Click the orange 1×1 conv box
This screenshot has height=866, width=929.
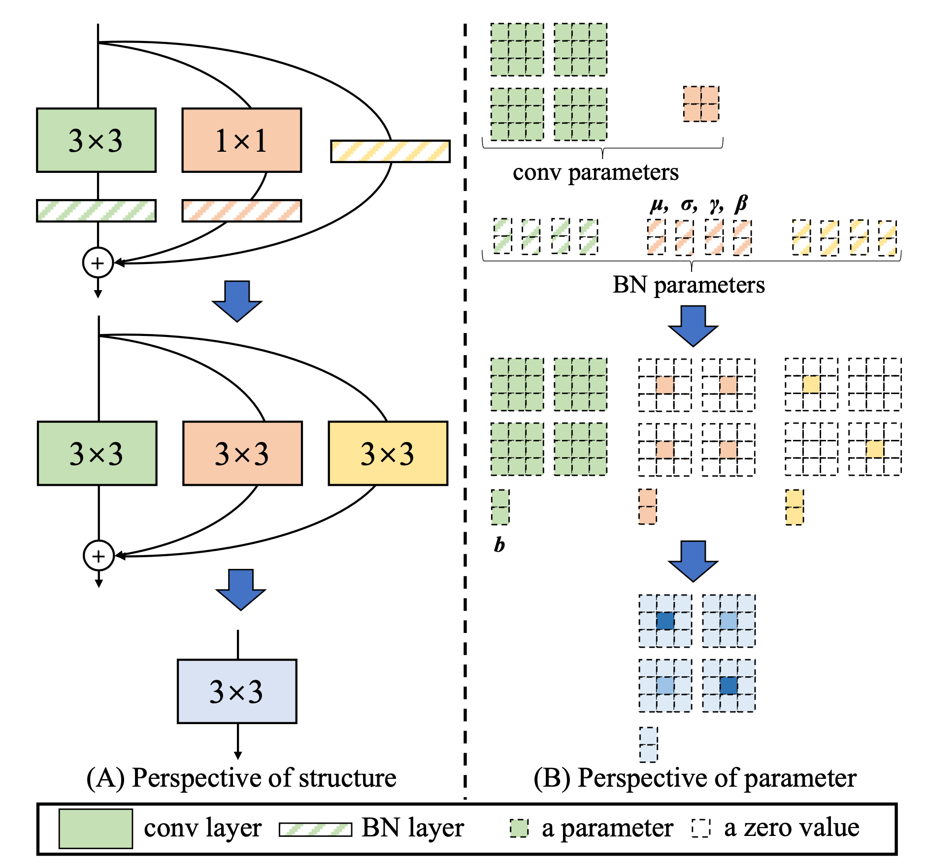click(241, 140)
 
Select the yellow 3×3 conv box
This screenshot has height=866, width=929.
click(388, 453)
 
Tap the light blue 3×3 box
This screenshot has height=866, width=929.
click(237, 691)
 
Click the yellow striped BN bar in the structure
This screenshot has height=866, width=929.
click(390, 151)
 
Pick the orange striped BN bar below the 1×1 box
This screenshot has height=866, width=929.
click(241, 211)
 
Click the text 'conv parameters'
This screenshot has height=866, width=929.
click(596, 172)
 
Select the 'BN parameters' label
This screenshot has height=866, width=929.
click(689, 285)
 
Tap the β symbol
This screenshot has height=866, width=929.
click(741, 203)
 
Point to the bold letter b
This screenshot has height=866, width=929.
click(499, 545)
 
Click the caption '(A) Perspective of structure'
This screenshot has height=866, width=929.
click(241, 778)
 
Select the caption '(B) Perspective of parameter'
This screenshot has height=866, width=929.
click(695, 778)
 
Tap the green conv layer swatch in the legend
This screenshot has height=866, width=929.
click(96, 829)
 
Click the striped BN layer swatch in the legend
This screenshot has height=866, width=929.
click(316, 830)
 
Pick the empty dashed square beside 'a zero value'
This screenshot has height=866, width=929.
click(701, 828)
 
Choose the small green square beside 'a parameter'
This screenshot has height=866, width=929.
click(519, 828)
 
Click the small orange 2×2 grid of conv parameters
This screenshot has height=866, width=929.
click(701, 104)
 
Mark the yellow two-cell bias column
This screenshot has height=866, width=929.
click(795, 507)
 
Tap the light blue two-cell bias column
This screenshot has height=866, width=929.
click(648, 744)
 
